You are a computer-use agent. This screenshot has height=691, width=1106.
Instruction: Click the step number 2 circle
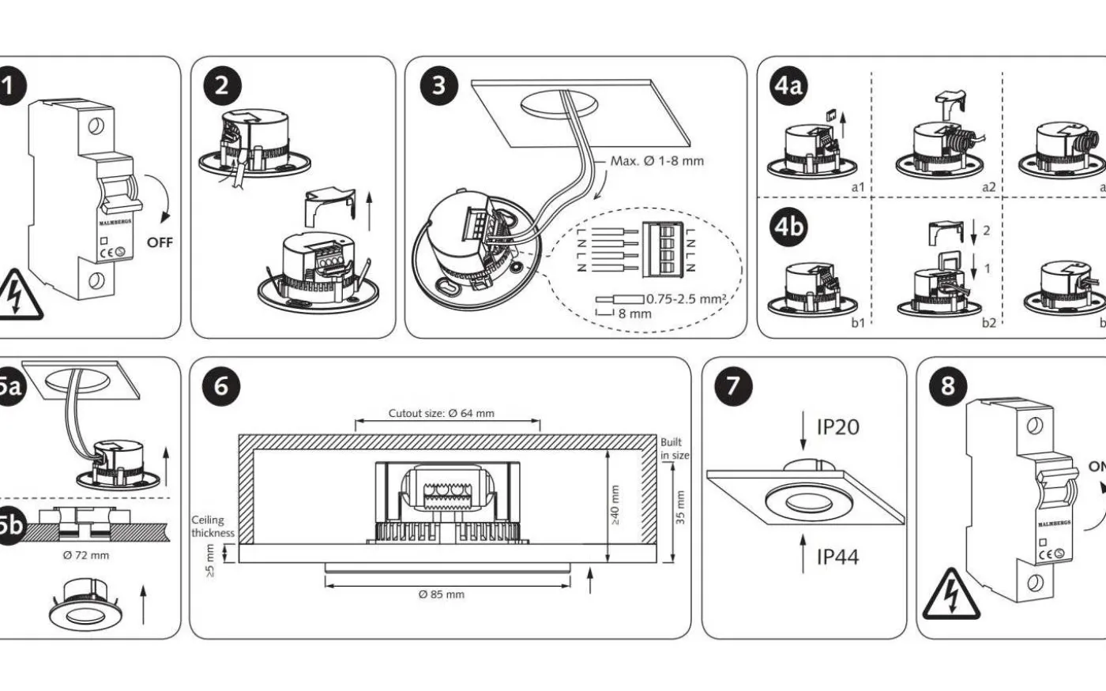(x=221, y=84)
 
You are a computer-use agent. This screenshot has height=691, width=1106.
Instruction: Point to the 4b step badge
(x=788, y=227)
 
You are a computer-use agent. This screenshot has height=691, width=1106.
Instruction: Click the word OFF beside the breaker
(x=160, y=242)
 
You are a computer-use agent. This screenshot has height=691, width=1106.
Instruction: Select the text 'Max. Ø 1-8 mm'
(x=656, y=161)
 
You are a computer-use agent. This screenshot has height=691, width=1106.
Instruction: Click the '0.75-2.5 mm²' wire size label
(x=687, y=299)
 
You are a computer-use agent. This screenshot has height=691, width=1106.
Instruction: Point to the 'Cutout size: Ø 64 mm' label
(x=442, y=413)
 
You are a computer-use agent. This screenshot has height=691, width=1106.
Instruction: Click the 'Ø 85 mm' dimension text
(x=442, y=594)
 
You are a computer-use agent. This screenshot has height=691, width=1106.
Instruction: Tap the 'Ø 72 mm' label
(x=86, y=555)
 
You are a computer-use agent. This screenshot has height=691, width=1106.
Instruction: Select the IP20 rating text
(x=837, y=427)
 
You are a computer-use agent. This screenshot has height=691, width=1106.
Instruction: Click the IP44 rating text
(x=837, y=557)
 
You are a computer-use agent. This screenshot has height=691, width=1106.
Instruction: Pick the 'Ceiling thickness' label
(x=213, y=526)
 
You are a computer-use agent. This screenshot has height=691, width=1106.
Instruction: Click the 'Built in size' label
(x=674, y=449)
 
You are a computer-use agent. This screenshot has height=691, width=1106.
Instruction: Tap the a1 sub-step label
(x=858, y=187)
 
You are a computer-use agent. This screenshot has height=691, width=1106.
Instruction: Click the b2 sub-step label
(x=988, y=322)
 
